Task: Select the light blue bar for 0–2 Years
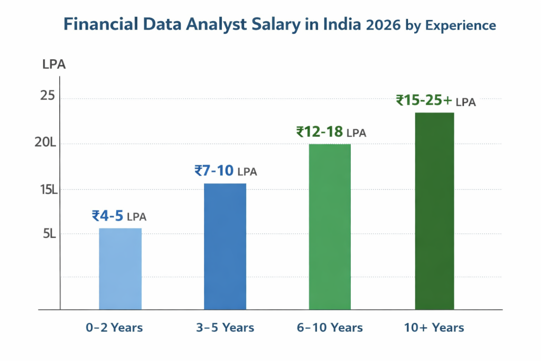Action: click(120, 269)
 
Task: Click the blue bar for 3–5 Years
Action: click(225, 246)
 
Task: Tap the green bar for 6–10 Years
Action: click(330, 226)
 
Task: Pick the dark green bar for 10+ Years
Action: click(434, 211)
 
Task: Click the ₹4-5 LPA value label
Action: click(119, 216)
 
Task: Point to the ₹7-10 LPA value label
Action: click(226, 171)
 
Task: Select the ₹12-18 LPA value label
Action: click(331, 132)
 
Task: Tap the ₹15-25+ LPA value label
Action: click(436, 100)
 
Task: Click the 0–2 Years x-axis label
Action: click(115, 328)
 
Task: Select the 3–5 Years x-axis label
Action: click(225, 328)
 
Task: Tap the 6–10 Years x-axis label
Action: click(330, 328)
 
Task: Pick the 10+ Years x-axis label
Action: click(434, 328)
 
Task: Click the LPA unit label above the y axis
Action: click(53, 65)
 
